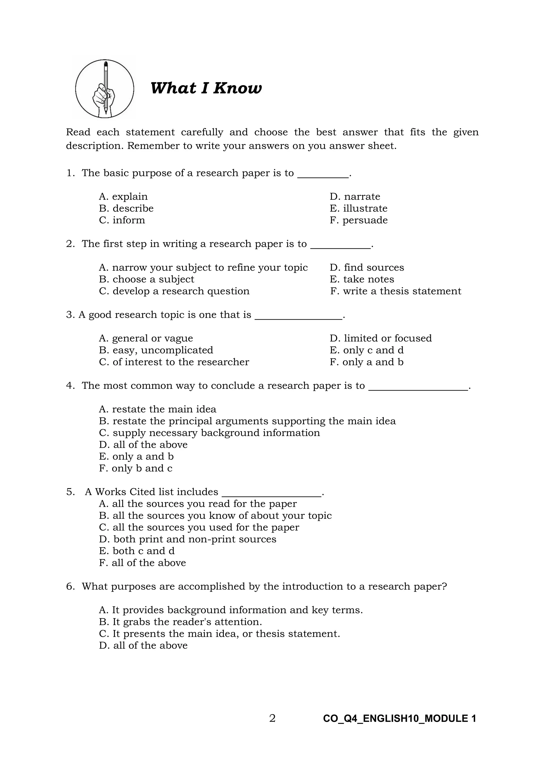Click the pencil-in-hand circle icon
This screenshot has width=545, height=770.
104,89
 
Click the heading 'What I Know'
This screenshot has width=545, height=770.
206,88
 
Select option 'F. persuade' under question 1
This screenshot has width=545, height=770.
358,220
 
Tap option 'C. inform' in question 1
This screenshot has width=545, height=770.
122,220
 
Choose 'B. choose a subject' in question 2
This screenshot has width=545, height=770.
146,279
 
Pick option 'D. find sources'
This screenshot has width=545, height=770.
367,268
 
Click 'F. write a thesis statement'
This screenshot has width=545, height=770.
395,291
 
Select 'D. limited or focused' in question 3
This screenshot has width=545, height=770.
381,338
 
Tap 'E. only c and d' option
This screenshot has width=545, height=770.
366,350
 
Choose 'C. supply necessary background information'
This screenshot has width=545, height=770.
209,433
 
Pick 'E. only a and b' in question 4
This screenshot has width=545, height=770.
136,457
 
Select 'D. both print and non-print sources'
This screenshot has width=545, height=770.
188,539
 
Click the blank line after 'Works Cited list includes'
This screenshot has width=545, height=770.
272,496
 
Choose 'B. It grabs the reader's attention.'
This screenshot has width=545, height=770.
180,622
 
